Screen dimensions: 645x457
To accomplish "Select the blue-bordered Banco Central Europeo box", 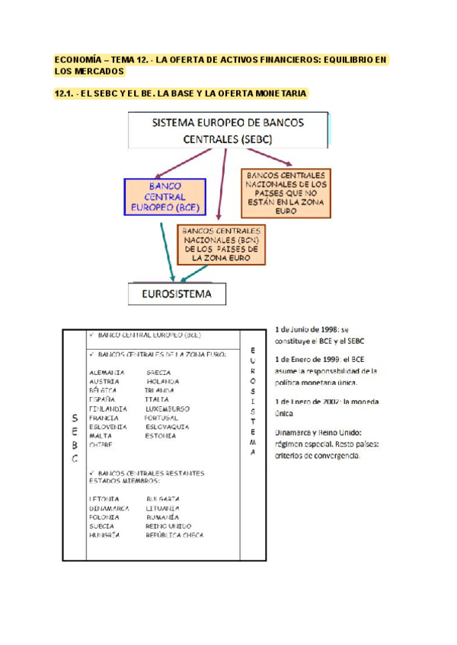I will click(x=165, y=196).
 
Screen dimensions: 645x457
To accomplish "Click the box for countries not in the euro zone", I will click(x=287, y=192).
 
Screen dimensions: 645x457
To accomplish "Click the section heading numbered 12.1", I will click(x=181, y=94).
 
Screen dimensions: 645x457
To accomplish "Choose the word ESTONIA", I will click(x=161, y=436).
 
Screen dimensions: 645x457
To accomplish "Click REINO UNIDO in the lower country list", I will click(x=169, y=526).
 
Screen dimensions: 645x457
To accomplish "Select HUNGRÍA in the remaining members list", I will click(x=105, y=535).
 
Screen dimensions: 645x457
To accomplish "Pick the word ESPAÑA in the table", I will click(x=101, y=399).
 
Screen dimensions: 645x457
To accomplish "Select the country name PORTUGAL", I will click(x=161, y=418).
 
